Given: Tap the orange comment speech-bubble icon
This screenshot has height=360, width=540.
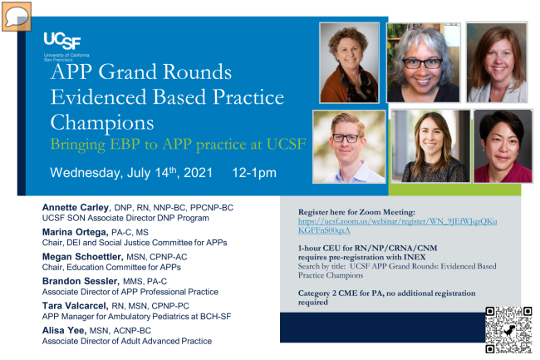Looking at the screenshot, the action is [17, 16].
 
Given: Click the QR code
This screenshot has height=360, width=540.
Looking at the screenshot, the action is [508, 330].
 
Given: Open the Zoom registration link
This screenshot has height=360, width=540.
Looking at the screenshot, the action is [397, 225].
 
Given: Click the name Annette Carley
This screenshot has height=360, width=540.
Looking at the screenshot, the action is [76, 207].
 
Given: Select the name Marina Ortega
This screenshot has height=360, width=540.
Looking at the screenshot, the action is [75, 232].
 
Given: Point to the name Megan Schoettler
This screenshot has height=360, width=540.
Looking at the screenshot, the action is [82, 257].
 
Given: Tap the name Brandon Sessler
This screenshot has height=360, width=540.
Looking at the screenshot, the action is [81, 281].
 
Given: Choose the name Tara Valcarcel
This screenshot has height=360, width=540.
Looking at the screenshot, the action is [75, 306].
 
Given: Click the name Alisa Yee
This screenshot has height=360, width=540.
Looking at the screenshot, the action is [64, 330].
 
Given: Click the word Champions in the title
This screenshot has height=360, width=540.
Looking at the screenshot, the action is [102, 123].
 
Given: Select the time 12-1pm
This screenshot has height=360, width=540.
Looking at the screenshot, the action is [254, 173].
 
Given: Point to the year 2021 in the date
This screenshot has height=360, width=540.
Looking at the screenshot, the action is [198, 173].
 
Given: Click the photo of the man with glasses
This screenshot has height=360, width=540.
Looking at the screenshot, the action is [349, 147].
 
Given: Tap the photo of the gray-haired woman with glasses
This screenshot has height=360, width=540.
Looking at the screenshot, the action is [423, 62].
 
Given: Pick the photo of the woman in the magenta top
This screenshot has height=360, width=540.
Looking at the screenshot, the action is [503, 146].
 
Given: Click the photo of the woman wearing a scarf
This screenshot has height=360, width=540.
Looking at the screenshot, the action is [349, 62].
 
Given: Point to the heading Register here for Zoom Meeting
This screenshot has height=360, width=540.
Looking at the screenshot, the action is [356, 212].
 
